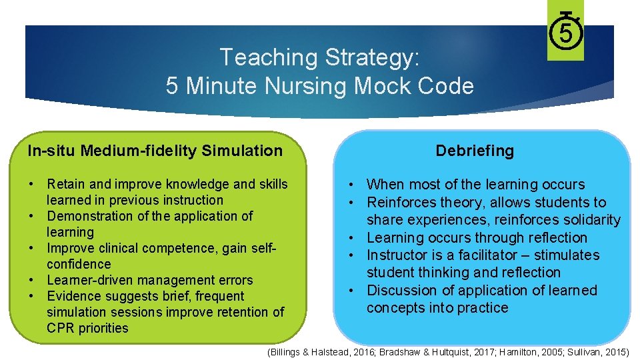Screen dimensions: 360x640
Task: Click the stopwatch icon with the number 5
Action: click(565, 32)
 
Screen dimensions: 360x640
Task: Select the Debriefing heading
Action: click(475, 151)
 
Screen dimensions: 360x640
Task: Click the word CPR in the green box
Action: click(61, 328)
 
